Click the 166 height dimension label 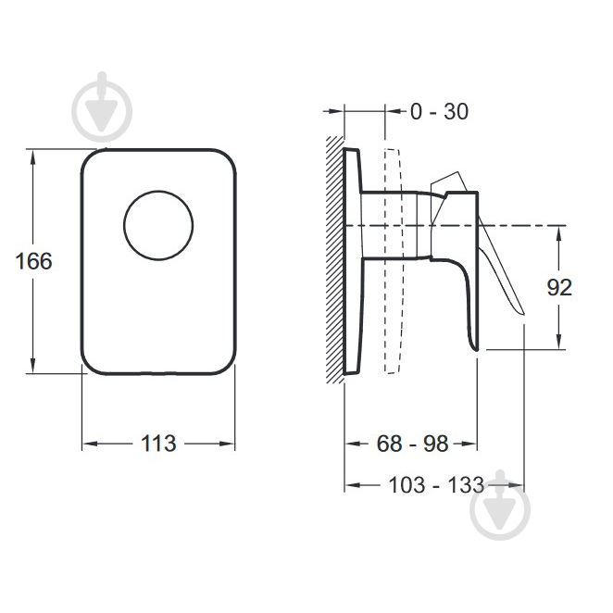pos(33,261)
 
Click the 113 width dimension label pos(158,444)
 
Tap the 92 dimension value pos(559,288)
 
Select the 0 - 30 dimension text pos(439,111)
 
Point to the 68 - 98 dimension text pos(412,444)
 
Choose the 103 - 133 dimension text pos(436,485)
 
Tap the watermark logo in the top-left pos(102,107)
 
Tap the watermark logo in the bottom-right pos(500,506)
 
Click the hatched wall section pos(335,260)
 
